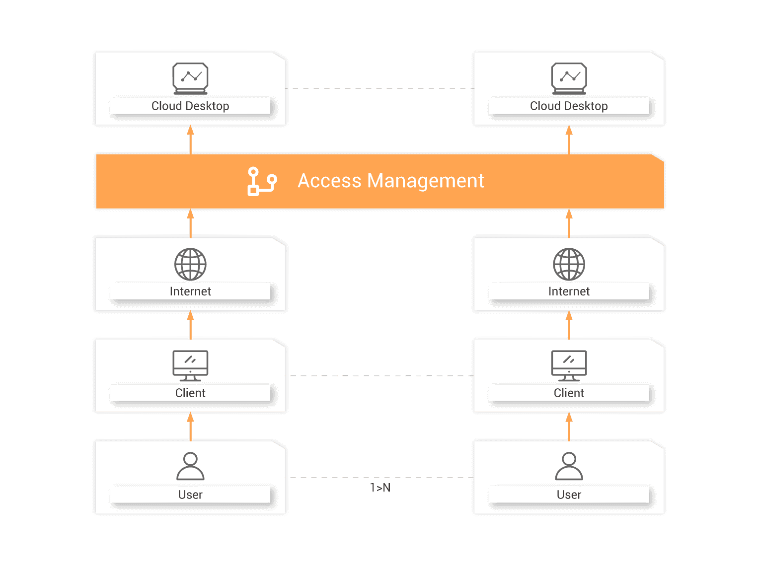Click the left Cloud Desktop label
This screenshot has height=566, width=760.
click(190, 106)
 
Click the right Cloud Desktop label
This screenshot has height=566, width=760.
click(569, 106)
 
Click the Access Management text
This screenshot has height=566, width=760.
click(390, 181)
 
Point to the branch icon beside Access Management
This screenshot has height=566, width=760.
click(261, 181)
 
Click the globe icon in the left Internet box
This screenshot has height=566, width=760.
click(190, 264)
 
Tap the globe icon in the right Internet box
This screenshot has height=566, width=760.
click(569, 264)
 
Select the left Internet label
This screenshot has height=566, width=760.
click(190, 291)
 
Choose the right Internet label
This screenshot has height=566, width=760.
click(569, 291)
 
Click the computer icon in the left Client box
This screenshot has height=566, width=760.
click(190, 365)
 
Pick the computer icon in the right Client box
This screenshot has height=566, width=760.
click(569, 365)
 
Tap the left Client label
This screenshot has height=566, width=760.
click(190, 393)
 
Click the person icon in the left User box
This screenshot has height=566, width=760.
click(190, 466)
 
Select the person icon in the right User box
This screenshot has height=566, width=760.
click(569, 466)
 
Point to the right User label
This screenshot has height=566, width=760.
click(569, 495)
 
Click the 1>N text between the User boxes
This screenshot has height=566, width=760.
click(380, 489)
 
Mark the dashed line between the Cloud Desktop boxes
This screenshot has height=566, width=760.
click(380, 88)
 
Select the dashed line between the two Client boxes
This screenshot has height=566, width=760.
click(380, 376)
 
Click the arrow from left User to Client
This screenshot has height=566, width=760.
click(190, 427)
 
